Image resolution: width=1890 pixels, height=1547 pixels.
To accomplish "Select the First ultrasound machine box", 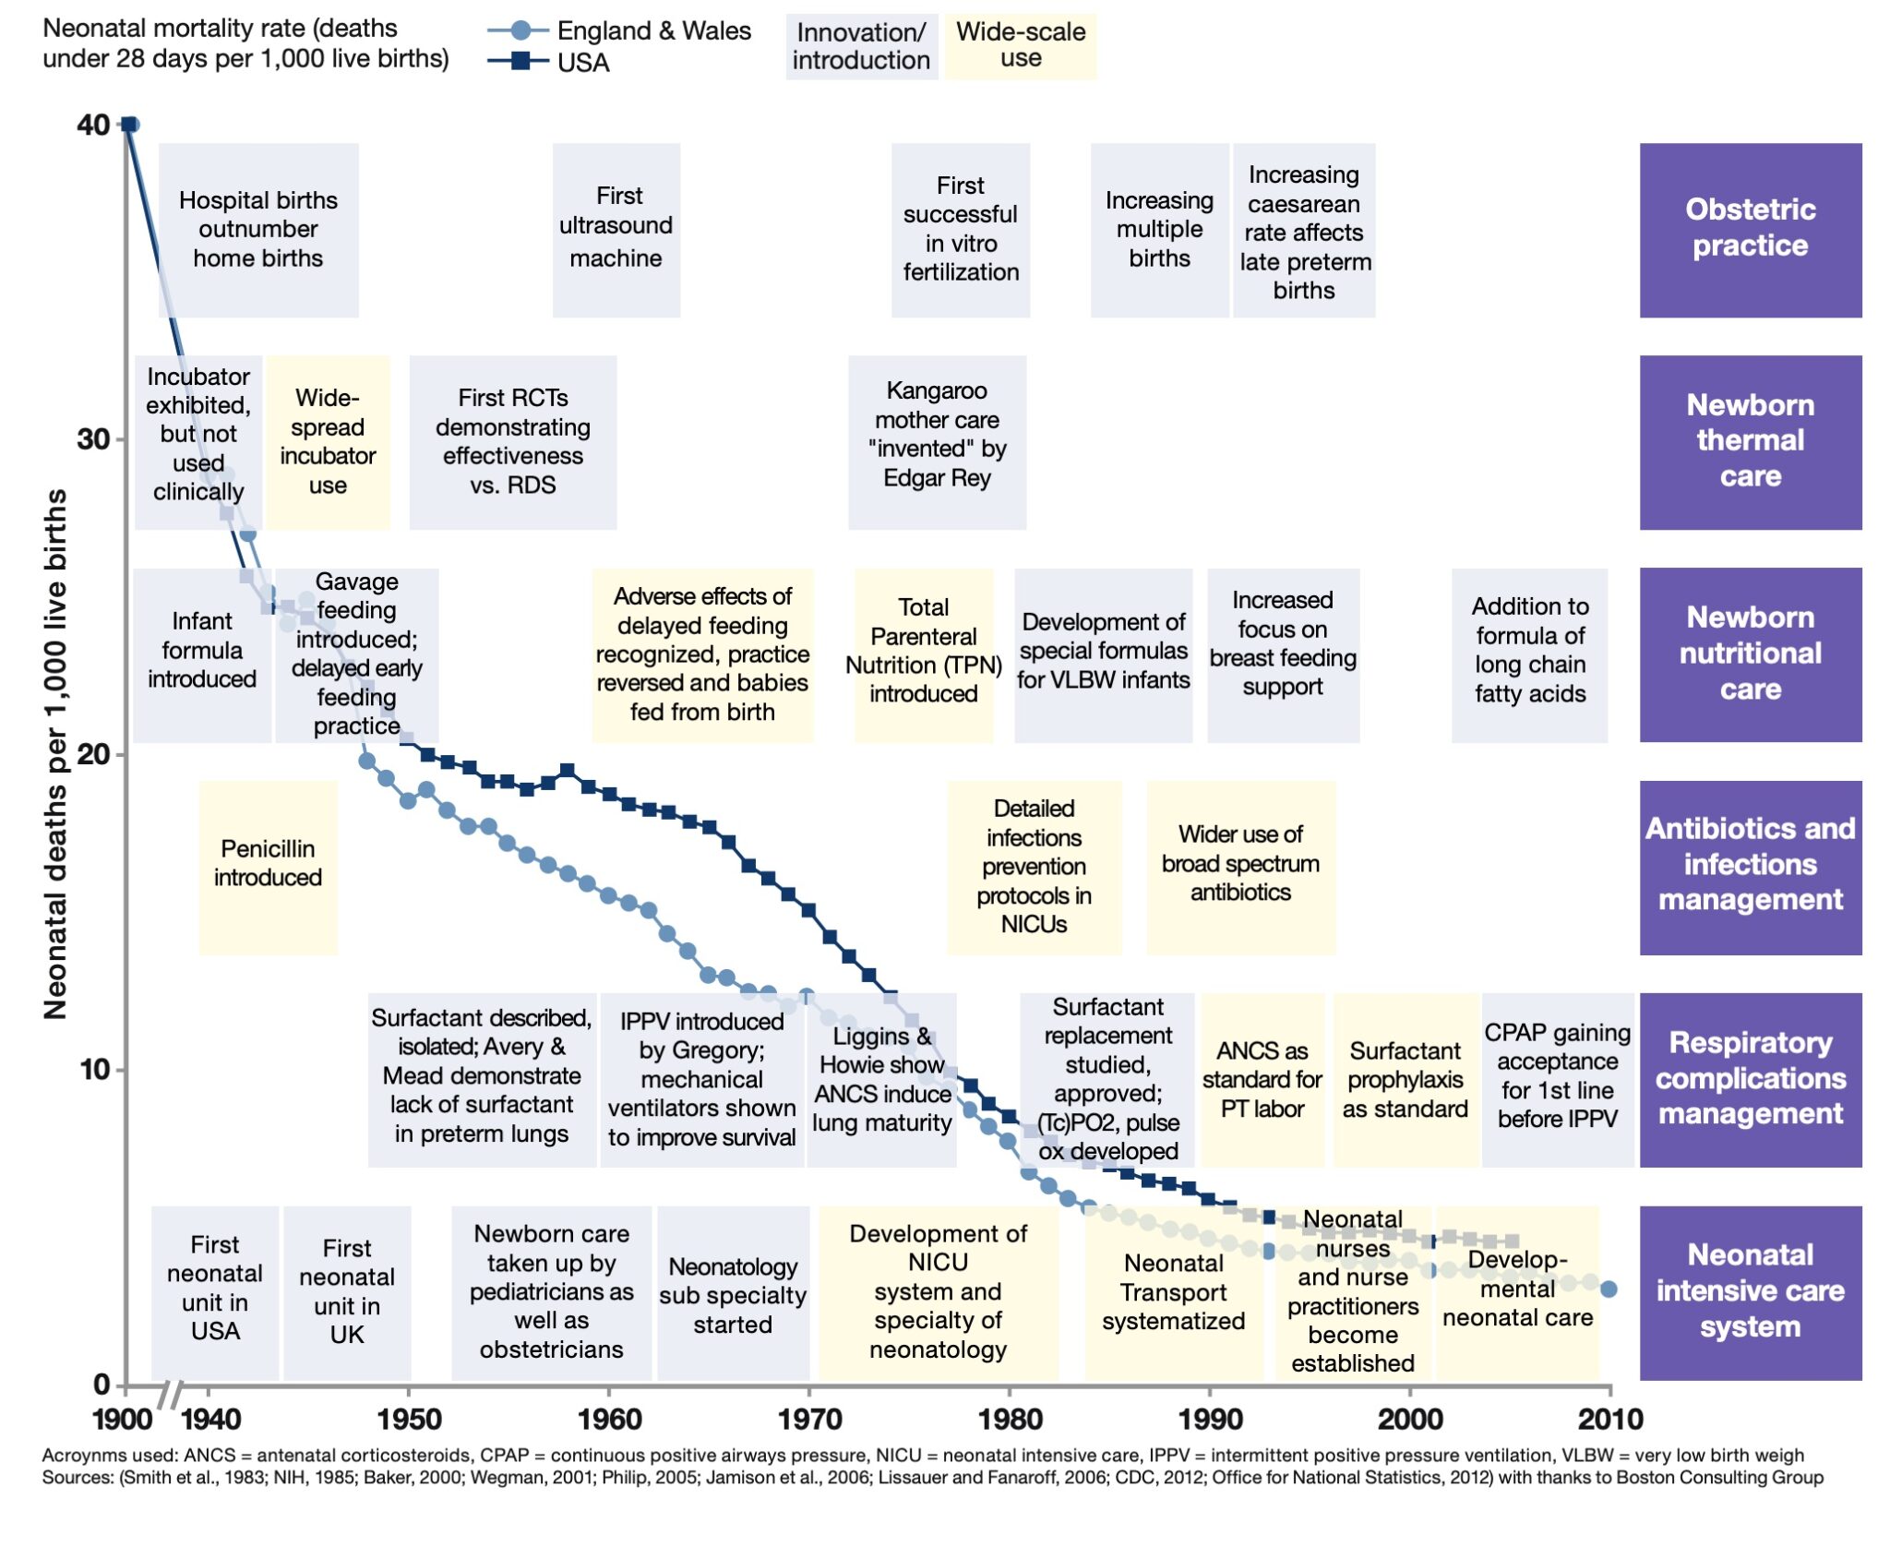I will (x=616, y=229).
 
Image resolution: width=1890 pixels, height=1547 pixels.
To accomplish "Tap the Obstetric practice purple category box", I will (x=1750, y=229).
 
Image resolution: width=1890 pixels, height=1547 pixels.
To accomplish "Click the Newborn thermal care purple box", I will (x=1750, y=441).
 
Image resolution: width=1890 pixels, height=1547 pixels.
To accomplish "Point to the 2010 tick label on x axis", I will (x=1610, y=1419).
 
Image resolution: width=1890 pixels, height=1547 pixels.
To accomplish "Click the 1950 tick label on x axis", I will (x=409, y=1419).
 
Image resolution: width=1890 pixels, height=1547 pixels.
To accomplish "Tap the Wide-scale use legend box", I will (x=1020, y=45).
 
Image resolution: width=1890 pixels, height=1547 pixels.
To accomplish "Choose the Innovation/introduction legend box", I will (x=861, y=45).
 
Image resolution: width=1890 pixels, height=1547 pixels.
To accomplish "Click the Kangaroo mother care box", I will (x=937, y=441).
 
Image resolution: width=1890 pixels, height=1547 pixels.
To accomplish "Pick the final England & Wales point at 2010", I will (x=1609, y=1289).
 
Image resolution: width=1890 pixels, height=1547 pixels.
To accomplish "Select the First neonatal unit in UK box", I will (x=347, y=1291).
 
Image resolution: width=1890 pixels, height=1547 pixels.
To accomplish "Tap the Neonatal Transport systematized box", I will (x=1173, y=1291).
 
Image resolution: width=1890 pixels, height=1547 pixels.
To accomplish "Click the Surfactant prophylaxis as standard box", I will (x=1405, y=1080).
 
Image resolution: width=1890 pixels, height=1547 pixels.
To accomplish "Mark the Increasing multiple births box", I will (x=1159, y=229).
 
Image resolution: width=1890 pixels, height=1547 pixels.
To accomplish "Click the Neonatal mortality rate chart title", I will (x=245, y=43).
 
